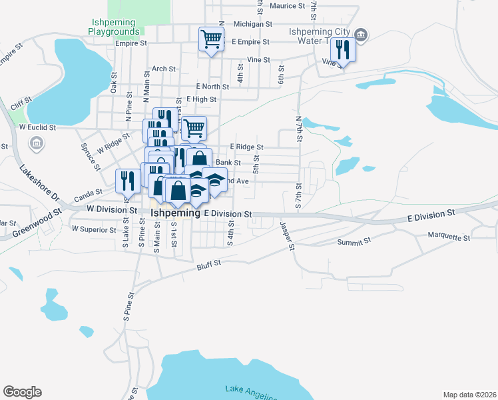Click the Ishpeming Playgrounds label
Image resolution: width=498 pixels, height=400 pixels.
click(115, 26)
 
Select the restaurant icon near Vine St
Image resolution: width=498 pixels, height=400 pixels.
click(343, 49)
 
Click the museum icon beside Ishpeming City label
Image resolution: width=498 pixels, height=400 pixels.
click(361, 34)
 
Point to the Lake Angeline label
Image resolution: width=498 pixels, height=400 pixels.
click(249, 392)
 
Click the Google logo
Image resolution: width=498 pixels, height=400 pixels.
click(22, 392)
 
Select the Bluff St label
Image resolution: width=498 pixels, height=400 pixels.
click(208, 265)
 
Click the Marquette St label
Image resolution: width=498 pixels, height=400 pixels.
click(449, 237)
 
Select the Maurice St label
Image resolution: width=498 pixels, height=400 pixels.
click(287, 5)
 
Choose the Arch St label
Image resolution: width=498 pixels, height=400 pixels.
click(163, 68)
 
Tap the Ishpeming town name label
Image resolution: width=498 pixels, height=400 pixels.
click(176, 213)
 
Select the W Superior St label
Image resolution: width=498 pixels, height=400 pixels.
click(94, 229)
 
